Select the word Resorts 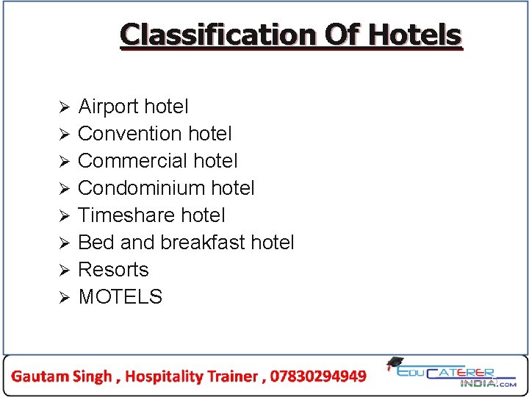[x=113, y=270]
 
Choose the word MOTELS [x=120, y=297]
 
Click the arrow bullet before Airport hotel [x=64, y=108]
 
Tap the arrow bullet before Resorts [x=64, y=271]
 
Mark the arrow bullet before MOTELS [x=64, y=298]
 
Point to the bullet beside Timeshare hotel [x=64, y=216]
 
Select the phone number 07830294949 [x=318, y=376]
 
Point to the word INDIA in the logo [x=477, y=382]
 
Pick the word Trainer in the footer [x=234, y=376]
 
